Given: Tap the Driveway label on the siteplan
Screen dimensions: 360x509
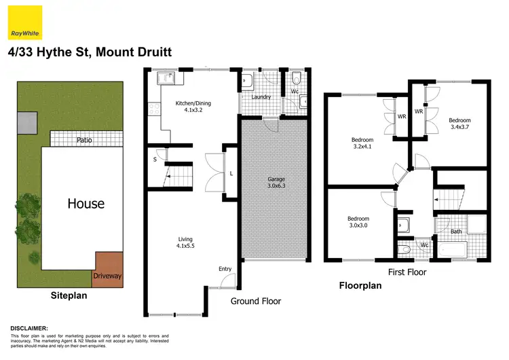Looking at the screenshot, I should click(107, 276).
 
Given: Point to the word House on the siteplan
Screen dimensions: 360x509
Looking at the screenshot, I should click(85, 203).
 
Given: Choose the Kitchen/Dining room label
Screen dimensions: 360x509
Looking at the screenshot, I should click(193, 107).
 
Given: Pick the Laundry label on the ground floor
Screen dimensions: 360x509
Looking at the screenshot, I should click(261, 96).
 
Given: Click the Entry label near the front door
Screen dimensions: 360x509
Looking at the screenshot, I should click(225, 269).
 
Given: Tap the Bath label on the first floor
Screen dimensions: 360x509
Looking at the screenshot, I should click(456, 231).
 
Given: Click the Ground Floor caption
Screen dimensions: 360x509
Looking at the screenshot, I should click(255, 300).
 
